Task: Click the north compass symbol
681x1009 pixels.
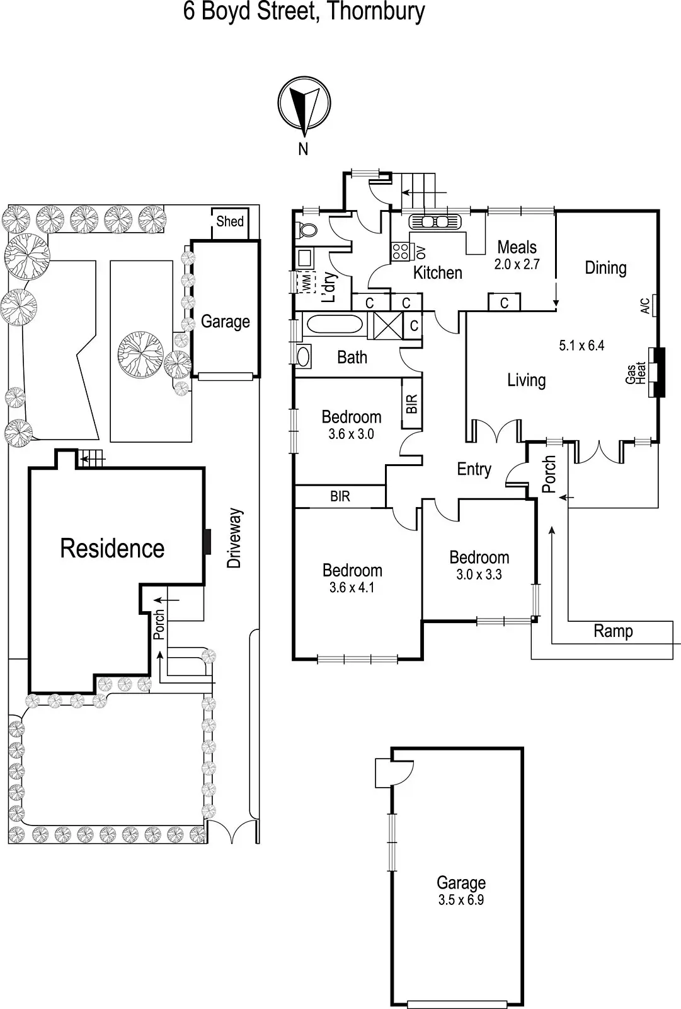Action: (x=304, y=105)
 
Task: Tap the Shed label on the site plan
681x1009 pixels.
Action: (x=230, y=221)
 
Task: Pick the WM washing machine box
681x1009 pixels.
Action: (x=306, y=282)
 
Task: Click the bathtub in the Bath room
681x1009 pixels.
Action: (x=333, y=324)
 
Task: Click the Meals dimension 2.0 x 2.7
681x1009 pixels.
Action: (x=517, y=264)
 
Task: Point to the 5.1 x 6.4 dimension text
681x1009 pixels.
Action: (x=581, y=345)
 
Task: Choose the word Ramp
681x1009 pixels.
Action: (x=613, y=631)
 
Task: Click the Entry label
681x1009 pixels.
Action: (x=474, y=469)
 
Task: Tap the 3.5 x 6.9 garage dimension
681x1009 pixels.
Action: (x=461, y=900)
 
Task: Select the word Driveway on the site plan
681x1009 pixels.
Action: (x=234, y=538)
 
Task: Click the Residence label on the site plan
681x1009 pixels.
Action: (x=112, y=548)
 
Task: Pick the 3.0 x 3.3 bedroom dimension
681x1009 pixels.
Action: (x=479, y=574)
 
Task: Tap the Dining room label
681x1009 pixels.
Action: (x=605, y=267)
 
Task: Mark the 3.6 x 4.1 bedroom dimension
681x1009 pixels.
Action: (x=352, y=588)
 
